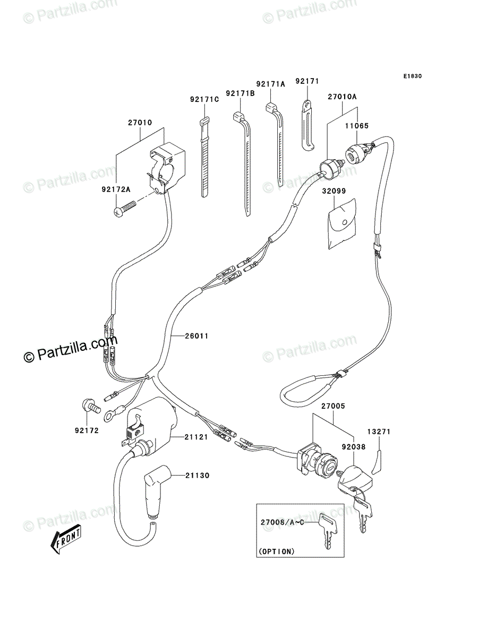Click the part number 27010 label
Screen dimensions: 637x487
coord(140,123)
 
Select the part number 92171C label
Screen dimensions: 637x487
coord(204,99)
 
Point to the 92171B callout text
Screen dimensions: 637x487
coord(240,93)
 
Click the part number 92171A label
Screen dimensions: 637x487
coord(270,84)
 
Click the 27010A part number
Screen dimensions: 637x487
coord(341,97)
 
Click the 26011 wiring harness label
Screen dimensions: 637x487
coord(196,335)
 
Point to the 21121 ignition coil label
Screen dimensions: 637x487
coord(196,436)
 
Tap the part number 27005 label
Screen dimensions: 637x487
coord(333,406)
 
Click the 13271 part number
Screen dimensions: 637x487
coord(379,432)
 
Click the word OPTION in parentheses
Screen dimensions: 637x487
coord(276,551)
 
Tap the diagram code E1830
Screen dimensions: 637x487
coord(412,76)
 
